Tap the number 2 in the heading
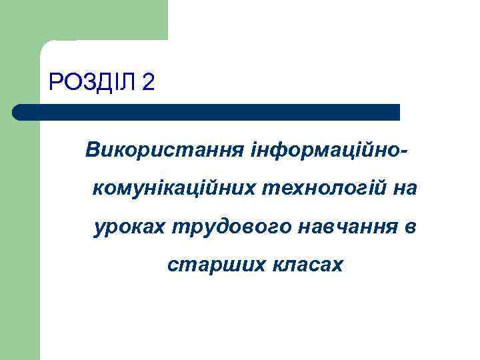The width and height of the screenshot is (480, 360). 149,83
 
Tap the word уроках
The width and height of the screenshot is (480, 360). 130,227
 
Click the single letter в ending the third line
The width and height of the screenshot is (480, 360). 410,227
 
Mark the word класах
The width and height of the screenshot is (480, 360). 307,265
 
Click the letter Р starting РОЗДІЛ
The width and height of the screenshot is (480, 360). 55,83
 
